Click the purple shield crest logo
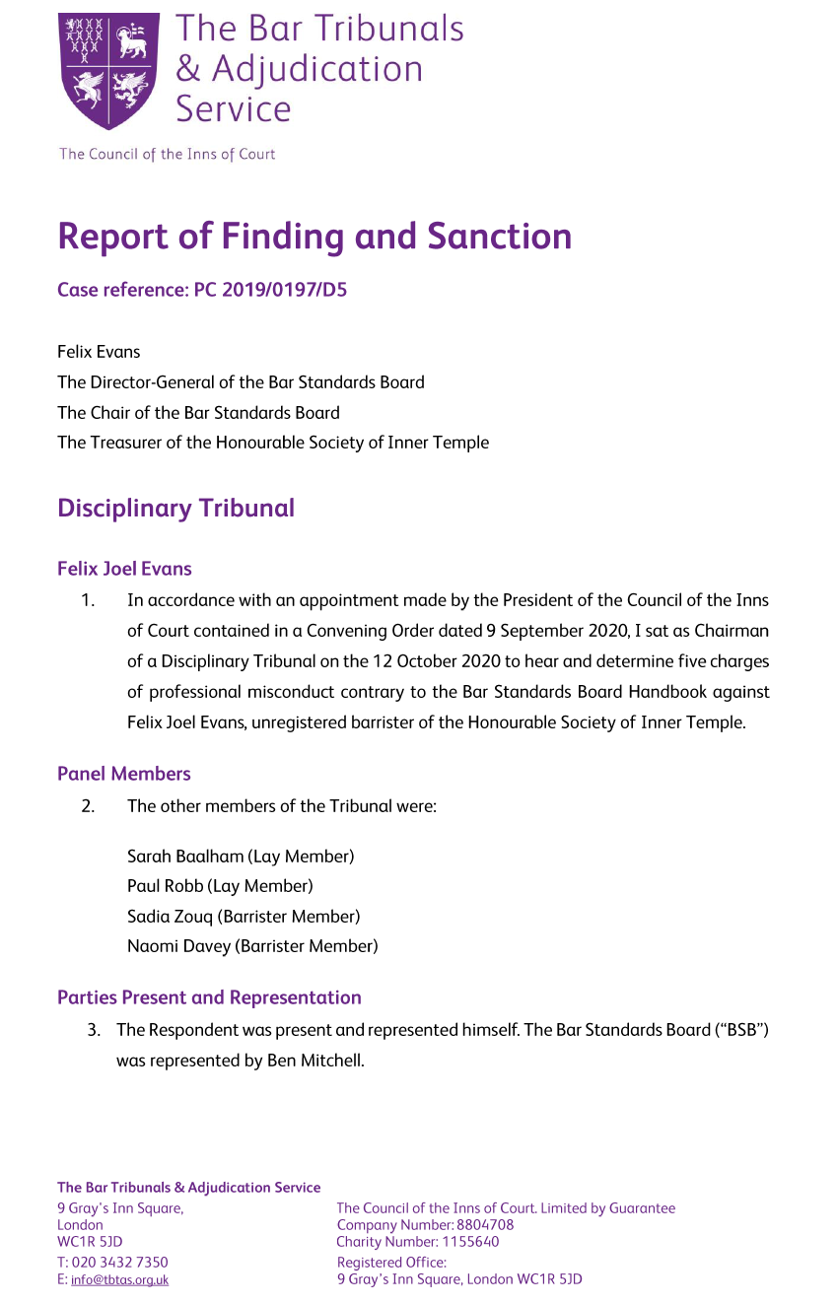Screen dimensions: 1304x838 tap(108, 71)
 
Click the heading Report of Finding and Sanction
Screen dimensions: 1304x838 tap(314, 237)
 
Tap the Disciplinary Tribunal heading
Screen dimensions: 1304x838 tap(175, 509)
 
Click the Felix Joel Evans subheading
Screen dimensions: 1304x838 tap(124, 569)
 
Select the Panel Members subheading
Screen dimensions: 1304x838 tap(124, 774)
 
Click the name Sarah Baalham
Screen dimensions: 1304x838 tap(184, 856)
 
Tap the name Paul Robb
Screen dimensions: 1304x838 tap(165, 886)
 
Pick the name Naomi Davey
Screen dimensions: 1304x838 tap(178, 946)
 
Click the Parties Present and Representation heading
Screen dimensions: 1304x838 tap(209, 997)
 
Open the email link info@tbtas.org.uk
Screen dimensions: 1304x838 tap(119, 1280)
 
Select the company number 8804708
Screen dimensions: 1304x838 tap(485, 1225)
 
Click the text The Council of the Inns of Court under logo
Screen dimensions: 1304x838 tap(168, 154)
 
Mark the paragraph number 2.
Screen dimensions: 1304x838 tap(89, 806)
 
